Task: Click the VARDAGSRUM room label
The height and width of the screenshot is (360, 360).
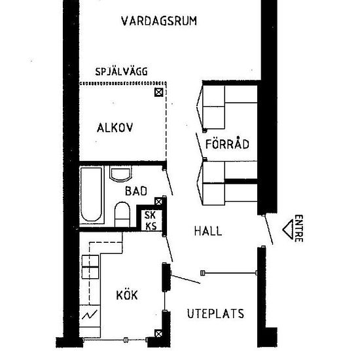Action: [159, 21]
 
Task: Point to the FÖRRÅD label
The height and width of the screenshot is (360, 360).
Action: [223, 145]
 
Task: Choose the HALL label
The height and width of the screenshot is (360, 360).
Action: [208, 231]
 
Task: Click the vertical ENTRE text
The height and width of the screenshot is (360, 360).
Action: [298, 228]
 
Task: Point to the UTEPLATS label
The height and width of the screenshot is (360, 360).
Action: [215, 314]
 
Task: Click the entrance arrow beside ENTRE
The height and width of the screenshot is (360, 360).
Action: [285, 228]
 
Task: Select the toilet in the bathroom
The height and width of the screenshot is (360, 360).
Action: [122, 213]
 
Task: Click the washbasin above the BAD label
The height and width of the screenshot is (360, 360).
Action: [120, 173]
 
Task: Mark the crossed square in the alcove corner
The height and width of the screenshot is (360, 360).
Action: [158, 92]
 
